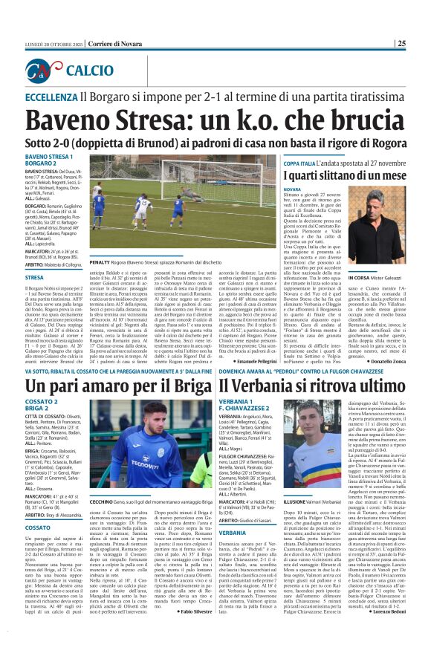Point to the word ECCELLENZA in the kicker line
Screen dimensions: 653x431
[x=56, y=97]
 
